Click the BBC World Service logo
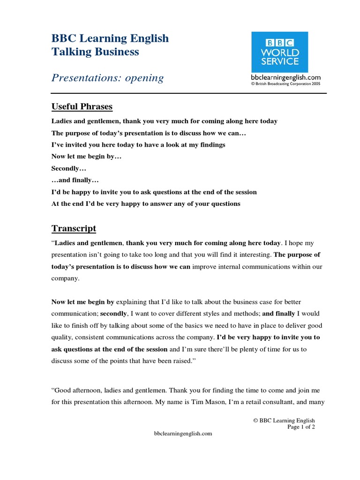click(x=279, y=52)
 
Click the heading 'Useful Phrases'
click(x=82, y=107)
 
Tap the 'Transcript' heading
click(x=74, y=229)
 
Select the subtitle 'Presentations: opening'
click(x=107, y=78)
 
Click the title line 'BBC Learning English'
click(x=110, y=38)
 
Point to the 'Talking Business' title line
click(x=95, y=52)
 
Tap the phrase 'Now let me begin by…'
click(x=86, y=157)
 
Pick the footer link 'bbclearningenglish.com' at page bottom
click(x=183, y=434)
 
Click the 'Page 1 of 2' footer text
click(x=301, y=427)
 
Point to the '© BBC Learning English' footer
click(x=284, y=420)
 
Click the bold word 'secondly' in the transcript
click(x=113, y=314)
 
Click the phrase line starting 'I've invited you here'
click(x=138, y=145)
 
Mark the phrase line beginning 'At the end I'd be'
click(x=145, y=204)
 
